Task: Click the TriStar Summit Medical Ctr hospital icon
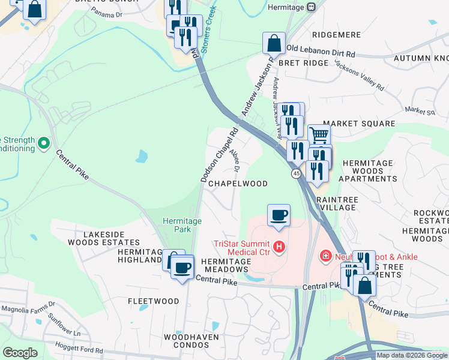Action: [x=279, y=246]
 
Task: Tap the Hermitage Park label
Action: [x=177, y=225]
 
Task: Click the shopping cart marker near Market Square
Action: [x=319, y=135]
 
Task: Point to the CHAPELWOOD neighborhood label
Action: [x=238, y=184]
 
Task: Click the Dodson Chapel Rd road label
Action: [x=220, y=154]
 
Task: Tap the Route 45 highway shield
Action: [x=297, y=173]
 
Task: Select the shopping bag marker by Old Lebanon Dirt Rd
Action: [x=274, y=44]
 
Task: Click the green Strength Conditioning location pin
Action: [x=43, y=143]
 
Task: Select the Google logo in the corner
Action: [x=20, y=353]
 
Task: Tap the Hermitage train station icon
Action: [x=311, y=7]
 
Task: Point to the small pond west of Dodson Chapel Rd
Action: [x=142, y=157]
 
